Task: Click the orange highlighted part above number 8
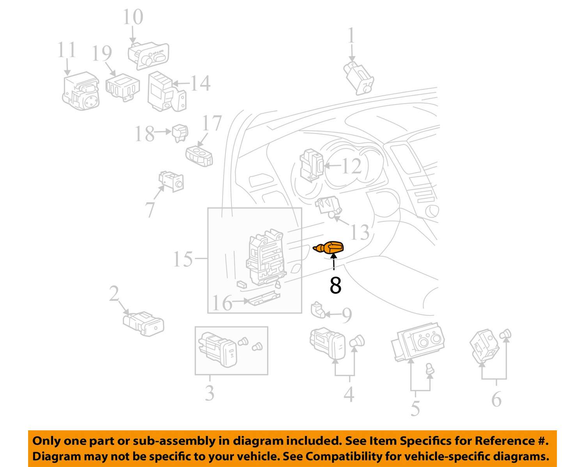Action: click(330, 248)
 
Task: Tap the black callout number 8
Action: click(335, 286)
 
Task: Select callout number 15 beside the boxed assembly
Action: click(183, 259)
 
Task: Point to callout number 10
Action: click(133, 18)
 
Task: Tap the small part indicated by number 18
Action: click(180, 132)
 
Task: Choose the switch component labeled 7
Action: click(171, 181)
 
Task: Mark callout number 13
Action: click(360, 232)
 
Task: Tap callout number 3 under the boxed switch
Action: click(210, 393)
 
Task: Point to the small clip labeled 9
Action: click(317, 310)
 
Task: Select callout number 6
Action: click(496, 399)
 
